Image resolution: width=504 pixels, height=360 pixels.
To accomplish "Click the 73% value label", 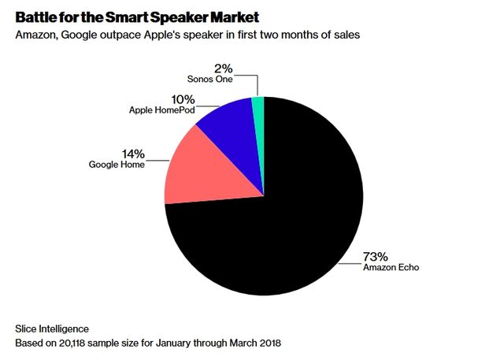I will click(x=375, y=257).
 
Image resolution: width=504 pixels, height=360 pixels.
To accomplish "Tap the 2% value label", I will click(x=224, y=68).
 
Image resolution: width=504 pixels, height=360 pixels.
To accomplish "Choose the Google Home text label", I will click(x=117, y=165).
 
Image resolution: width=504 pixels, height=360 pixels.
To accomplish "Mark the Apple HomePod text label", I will click(x=161, y=110).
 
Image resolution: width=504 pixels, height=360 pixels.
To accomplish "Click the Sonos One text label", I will click(x=209, y=79).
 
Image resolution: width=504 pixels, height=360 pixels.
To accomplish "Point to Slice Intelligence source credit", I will click(x=52, y=327).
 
